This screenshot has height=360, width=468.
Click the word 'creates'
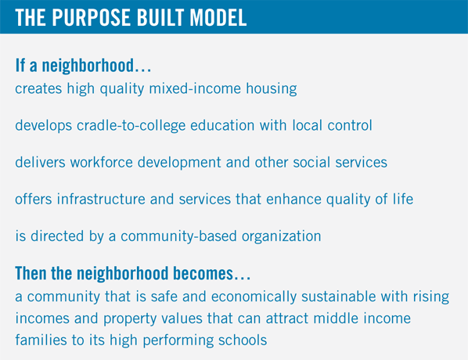38,88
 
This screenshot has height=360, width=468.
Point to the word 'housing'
272,89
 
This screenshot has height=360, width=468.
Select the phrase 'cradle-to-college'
131,126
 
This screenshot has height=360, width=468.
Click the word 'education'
222,125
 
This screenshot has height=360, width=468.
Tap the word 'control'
350,125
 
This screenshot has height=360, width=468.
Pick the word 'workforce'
102,162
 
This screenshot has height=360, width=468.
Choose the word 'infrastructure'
101,199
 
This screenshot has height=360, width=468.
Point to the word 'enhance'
293,200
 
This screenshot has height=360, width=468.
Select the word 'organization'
282,236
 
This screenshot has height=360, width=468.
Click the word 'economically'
254,297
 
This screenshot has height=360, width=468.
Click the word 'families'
41,340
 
